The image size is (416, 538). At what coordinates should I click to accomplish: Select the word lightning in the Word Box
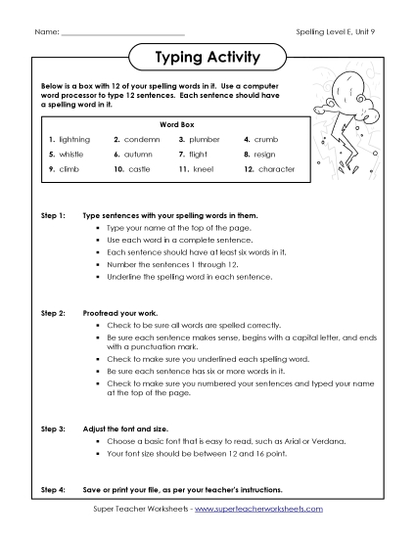[x=74, y=140]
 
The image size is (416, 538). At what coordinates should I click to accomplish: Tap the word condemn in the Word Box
[x=141, y=140]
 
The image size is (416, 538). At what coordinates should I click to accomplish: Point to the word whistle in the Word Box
[x=71, y=155]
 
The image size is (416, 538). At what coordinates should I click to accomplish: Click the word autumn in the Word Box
[x=140, y=155]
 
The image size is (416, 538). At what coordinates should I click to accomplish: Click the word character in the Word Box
[x=276, y=169]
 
